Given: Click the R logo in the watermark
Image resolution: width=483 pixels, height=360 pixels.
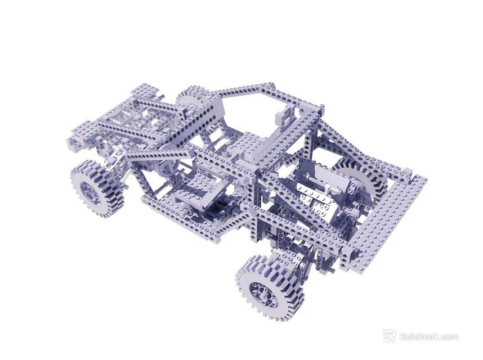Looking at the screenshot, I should (x=389, y=336).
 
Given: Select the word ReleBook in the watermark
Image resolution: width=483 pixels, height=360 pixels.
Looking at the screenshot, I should (x=419, y=336).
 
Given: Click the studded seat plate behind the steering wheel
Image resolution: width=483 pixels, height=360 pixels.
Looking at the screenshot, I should (x=194, y=188).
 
